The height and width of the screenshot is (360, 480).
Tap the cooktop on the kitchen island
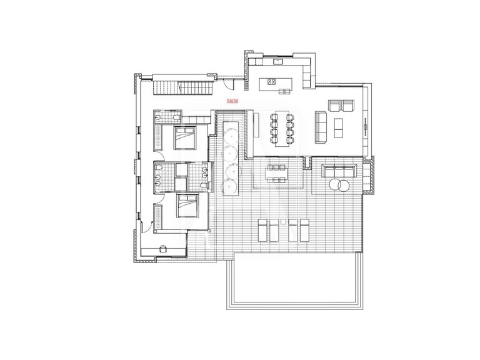[272, 81]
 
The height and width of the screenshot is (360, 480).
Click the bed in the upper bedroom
[186, 136]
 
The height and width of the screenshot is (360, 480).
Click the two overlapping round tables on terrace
[339, 185]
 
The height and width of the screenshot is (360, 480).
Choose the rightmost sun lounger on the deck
[306, 230]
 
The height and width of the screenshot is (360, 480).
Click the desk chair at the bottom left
[164, 248]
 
